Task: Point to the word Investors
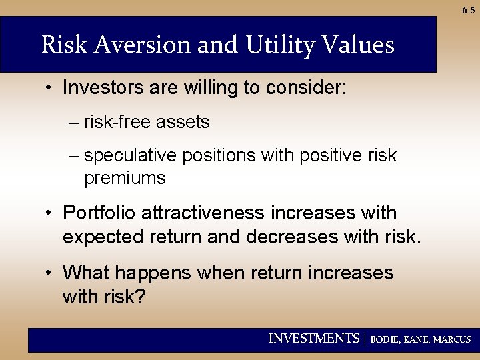[99, 87]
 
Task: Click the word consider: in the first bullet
[305, 87]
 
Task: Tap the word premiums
[125, 178]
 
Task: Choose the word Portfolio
[97, 213]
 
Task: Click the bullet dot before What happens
[50, 273]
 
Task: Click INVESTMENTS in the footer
[313, 339]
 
